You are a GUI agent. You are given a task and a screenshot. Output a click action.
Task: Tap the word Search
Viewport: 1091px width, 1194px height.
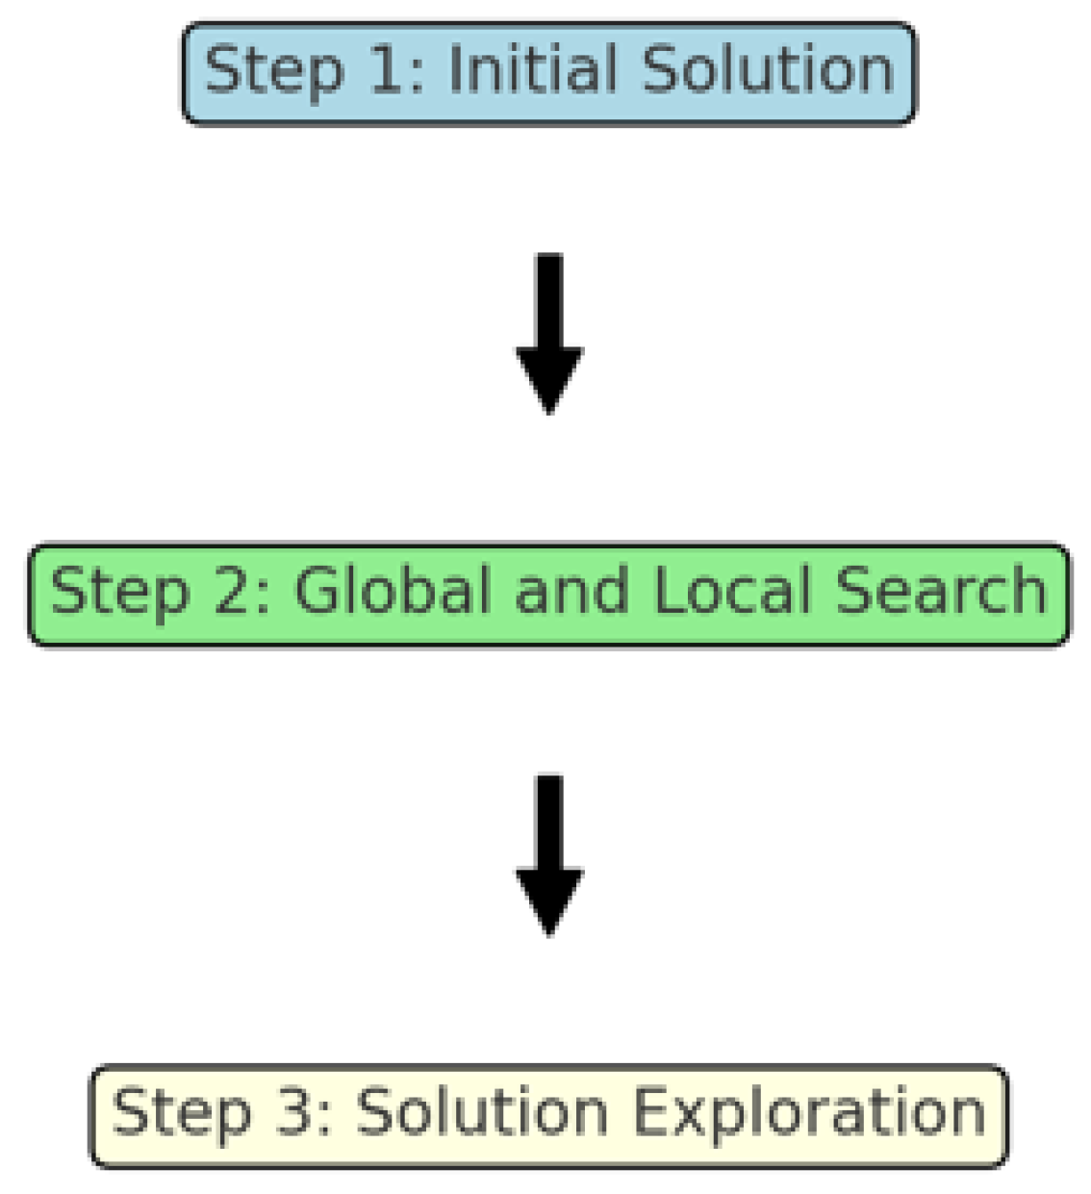(941, 590)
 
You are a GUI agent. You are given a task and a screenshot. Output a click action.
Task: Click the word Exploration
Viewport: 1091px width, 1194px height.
(808, 1113)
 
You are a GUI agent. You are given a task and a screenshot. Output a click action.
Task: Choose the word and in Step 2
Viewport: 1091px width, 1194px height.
(571, 590)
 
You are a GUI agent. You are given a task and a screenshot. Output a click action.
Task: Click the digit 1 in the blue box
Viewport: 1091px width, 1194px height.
(387, 69)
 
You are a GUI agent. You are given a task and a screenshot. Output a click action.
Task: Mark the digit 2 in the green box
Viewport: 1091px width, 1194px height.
(233, 590)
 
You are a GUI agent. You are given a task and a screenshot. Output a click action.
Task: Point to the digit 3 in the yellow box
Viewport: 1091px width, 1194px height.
(294, 1113)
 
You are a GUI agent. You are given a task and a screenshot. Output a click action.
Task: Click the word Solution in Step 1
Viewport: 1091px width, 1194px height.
(768, 69)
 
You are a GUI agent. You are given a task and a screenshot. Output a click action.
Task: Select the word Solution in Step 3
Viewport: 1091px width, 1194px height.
(482, 1113)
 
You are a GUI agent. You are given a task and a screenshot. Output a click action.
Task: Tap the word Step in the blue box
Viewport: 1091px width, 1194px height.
(273, 71)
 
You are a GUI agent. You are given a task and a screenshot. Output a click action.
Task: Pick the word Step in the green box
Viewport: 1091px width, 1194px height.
(118, 592)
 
